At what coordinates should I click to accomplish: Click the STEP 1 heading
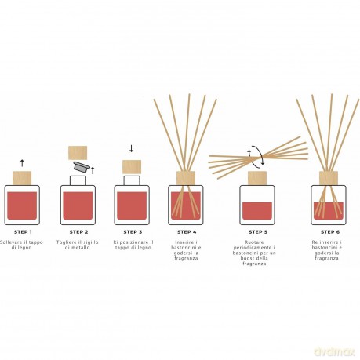pyautogui.click(x=23, y=232)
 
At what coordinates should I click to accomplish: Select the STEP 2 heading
pyautogui.click(x=78, y=232)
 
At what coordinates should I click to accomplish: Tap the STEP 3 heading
pyautogui.click(x=133, y=232)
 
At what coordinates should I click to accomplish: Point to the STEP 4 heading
pyautogui.click(x=187, y=232)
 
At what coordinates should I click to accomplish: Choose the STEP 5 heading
pyautogui.click(x=258, y=232)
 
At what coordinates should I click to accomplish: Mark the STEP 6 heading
pyautogui.click(x=330, y=232)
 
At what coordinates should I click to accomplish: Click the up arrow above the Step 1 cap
pyautogui.click(x=22, y=163)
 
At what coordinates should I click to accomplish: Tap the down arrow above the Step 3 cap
pyautogui.click(x=132, y=148)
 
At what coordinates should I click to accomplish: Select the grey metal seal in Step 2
pyautogui.click(x=82, y=167)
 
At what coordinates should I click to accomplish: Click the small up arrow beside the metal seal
pyautogui.click(x=93, y=170)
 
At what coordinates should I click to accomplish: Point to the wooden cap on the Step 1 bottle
pyautogui.click(x=22, y=178)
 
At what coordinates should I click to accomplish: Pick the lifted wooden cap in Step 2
pyautogui.click(x=78, y=153)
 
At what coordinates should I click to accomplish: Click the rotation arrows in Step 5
pyautogui.click(x=256, y=156)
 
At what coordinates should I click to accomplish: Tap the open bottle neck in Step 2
pyautogui.click(x=78, y=180)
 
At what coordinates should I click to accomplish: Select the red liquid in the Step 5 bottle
pyautogui.click(x=257, y=211)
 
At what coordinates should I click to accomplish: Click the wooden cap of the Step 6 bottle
pyautogui.click(x=329, y=178)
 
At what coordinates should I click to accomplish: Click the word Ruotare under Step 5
pyautogui.click(x=254, y=242)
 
